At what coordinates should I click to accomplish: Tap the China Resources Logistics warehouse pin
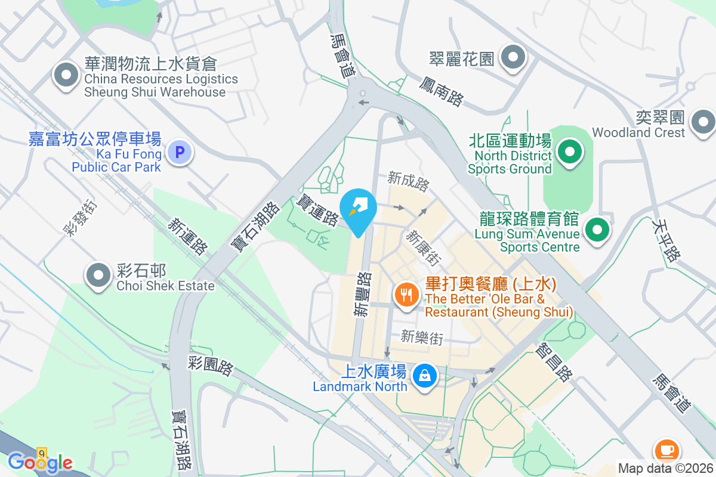66,76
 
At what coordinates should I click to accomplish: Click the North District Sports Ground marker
570,151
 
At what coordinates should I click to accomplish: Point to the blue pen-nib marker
358,210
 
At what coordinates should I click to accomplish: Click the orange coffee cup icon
666,450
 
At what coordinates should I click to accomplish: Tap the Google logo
40,462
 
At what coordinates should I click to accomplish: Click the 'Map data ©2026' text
665,468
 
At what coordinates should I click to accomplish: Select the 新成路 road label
408,181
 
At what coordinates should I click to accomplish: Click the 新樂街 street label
422,337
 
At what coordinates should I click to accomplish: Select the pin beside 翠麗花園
513,58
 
